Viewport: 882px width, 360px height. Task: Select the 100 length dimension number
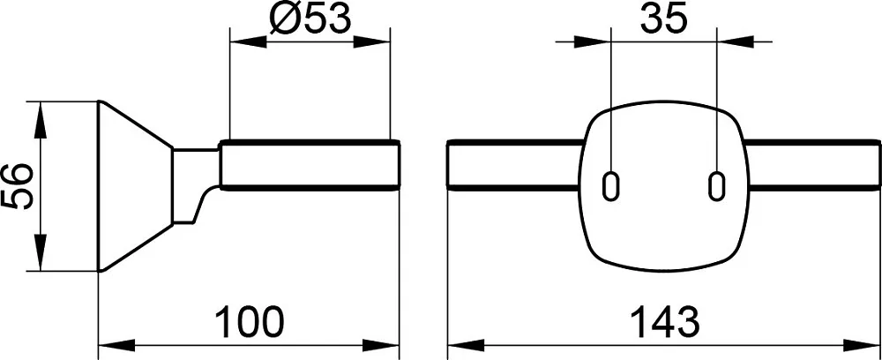coord(250,322)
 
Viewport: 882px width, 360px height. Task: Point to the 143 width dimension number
coord(665,322)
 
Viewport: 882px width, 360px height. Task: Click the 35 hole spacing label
coord(664,20)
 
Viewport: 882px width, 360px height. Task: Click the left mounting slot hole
coord(611,185)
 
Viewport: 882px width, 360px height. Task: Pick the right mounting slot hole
coord(716,185)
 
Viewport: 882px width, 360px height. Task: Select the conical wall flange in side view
coord(135,186)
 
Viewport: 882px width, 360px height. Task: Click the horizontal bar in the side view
coord(310,165)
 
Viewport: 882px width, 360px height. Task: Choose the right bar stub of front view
coord(812,165)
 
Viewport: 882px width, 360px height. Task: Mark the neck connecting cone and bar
coord(194,185)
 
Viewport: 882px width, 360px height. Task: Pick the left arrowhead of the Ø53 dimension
coord(249,41)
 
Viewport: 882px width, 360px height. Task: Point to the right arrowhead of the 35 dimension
coord(735,41)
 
